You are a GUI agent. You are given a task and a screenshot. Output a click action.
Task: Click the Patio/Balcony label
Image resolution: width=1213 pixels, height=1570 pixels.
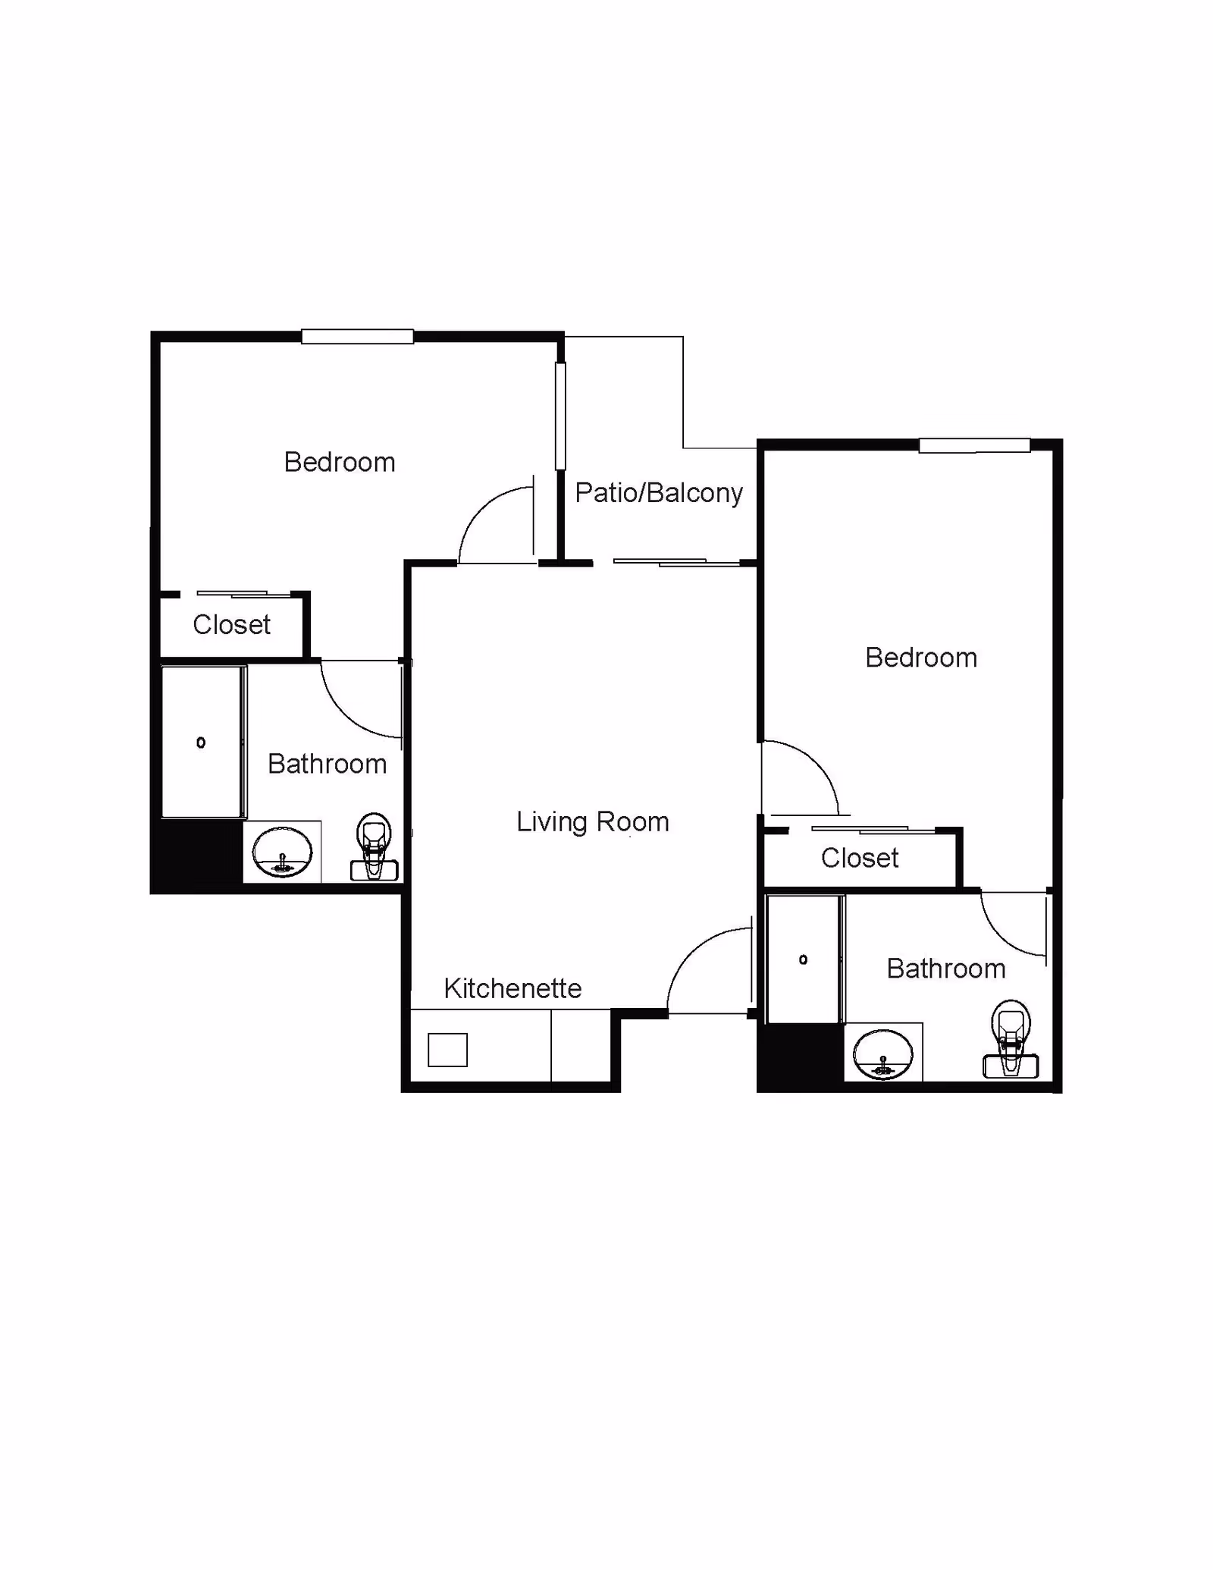(x=658, y=493)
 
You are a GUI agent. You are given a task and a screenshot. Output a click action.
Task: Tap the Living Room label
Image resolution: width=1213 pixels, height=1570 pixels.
(x=592, y=822)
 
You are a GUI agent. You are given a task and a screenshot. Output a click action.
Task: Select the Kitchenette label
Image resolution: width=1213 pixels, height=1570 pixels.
(x=512, y=988)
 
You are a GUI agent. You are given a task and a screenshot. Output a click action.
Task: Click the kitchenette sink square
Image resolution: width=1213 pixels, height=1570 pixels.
(x=447, y=1050)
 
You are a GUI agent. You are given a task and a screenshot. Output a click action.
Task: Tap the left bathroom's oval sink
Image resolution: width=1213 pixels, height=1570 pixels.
(x=282, y=853)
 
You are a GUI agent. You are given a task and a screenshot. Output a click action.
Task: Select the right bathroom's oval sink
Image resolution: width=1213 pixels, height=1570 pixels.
(x=882, y=1054)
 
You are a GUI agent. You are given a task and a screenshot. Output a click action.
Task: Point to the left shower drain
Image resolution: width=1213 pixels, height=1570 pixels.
(x=201, y=743)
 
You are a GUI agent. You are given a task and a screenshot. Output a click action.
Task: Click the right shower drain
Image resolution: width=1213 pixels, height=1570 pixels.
(x=803, y=960)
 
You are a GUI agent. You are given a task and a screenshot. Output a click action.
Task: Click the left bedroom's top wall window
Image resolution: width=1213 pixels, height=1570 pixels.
(x=357, y=336)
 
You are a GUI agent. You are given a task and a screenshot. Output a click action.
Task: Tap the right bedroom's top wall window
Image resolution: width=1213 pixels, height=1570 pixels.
(x=974, y=446)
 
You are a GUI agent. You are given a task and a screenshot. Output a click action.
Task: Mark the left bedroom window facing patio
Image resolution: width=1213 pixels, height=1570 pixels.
(x=560, y=416)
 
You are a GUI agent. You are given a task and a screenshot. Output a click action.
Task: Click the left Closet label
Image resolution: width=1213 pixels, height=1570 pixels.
(x=231, y=625)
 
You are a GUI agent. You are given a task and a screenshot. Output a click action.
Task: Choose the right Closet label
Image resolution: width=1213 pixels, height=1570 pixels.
(x=859, y=859)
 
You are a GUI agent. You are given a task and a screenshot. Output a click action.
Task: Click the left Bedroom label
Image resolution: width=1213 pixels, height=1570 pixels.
(x=340, y=463)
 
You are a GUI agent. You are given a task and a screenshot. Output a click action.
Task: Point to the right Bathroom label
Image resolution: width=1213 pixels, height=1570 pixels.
(x=945, y=969)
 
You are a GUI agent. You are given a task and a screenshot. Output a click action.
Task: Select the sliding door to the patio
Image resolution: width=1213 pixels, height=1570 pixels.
(x=676, y=562)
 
